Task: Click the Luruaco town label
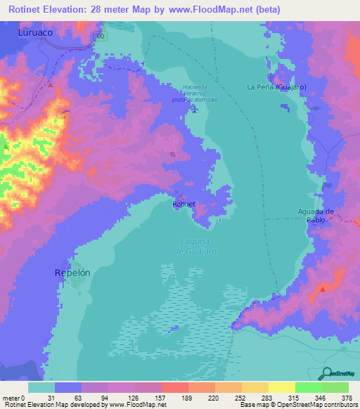[x=37, y=32]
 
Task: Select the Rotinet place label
[x=184, y=203]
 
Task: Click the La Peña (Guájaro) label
[x=276, y=86]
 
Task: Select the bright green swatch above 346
[x=308, y=387]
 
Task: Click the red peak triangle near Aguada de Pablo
[x=323, y=288]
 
